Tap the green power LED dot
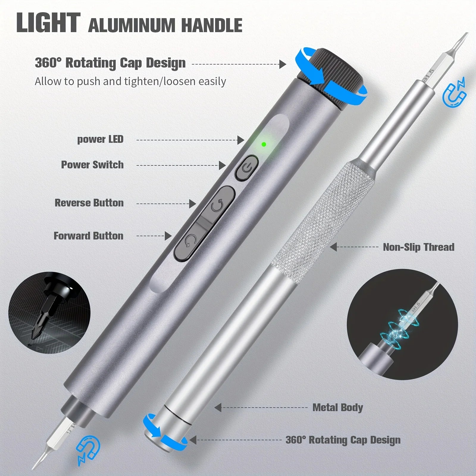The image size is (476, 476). coord(263,145)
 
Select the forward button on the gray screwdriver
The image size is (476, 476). coord(190,240)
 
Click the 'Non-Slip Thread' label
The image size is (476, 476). coord(418,247)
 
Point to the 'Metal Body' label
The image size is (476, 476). coord(338,408)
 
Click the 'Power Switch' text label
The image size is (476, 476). coord(92,165)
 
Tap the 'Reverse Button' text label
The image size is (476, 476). coord(89,203)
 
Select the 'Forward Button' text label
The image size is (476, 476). coord(88,236)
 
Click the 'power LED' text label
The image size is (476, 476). coord(100,139)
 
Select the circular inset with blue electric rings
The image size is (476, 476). coord(402,325)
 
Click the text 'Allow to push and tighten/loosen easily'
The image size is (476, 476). coord(130,81)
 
